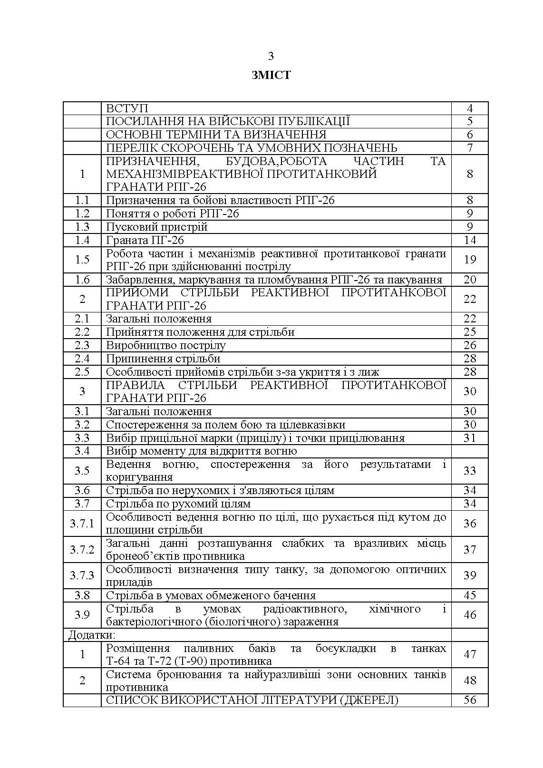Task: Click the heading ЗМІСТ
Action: (x=271, y=75)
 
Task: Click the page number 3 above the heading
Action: (x=271, y=56)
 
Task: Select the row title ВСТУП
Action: (x=127, y=108)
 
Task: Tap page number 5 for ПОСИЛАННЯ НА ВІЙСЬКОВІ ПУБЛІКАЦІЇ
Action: (x=470, y=121)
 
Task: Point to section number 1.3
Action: (x=82, y=227)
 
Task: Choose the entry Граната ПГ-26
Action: (x=145, y=240)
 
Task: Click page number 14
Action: (x=470, y=240)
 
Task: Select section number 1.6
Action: (x=82, y=280)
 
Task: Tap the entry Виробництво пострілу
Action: (x=165, y=345)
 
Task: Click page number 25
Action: (x=470, y=332)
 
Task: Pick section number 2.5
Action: (x=82, y=372)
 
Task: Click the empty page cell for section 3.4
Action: (x=470, y=451)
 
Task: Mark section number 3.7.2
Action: (x=82, y=550)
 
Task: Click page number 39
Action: (x=470, y=575)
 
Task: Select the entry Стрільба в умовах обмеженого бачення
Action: (x=211, y=595)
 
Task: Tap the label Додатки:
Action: (x=92, y=635)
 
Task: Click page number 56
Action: (x=470, y=700)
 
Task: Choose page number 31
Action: (x=470, y=438)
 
